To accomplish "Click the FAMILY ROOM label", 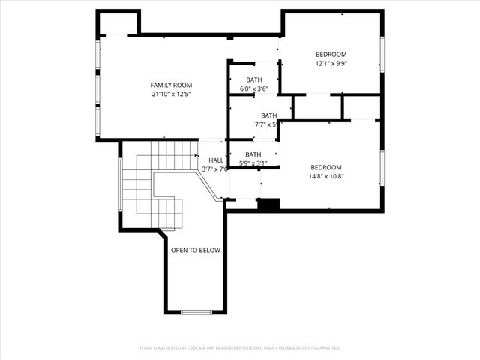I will (167, 85).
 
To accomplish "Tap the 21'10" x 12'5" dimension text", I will (167, 94).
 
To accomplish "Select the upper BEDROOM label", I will (331, 54).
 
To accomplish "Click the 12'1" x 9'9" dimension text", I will (331, 63).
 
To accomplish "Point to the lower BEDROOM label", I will (326, 167).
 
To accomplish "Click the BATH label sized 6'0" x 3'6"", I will (253, 79).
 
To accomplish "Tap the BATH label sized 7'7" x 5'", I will (268, 115).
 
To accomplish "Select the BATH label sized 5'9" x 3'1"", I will (253, 154).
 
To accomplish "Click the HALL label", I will (216, 160).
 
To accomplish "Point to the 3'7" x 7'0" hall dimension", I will (216, 169).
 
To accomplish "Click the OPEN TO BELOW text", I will (195, 250).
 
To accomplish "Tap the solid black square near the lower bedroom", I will (268, 204).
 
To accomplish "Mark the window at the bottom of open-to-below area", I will (196, 311).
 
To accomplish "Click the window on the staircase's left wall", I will (120, 184).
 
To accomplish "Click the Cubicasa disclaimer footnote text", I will (240, 348).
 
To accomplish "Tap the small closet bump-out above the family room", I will (118, 23).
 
